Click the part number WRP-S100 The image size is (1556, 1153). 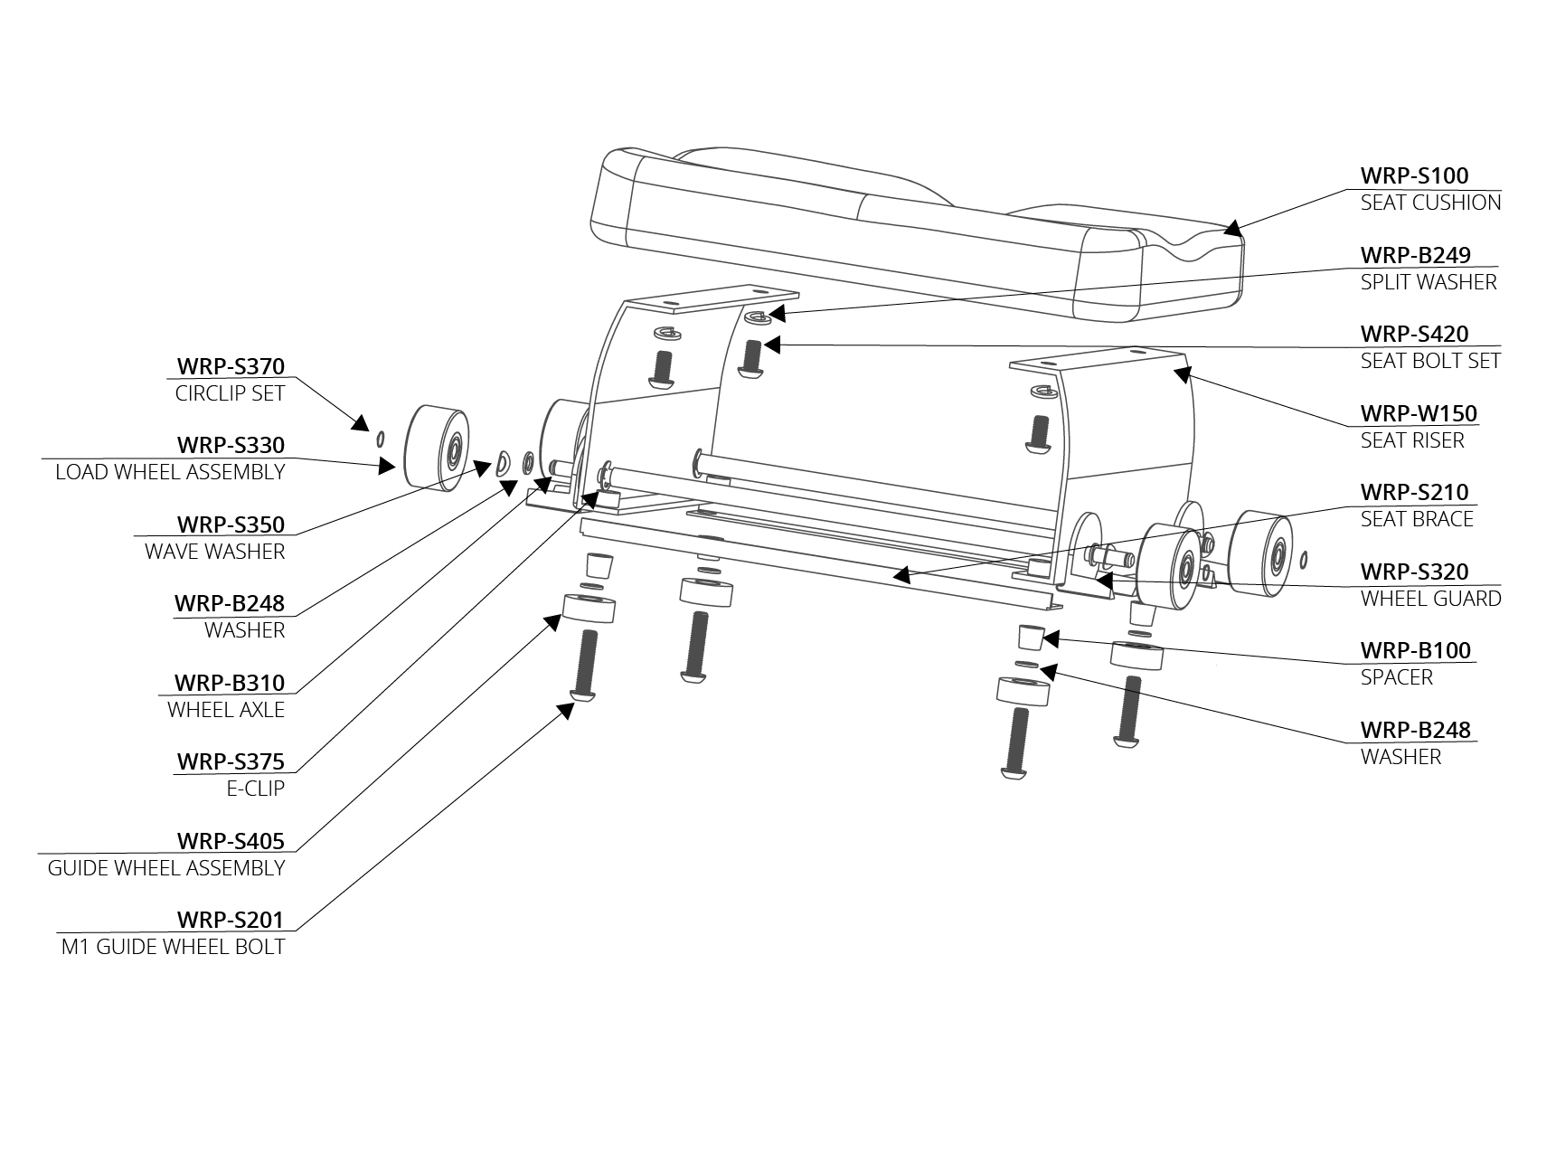pyautogui.click(x=1414, y=175)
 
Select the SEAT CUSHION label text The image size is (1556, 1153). pyautogui.click(x=1430, y=203)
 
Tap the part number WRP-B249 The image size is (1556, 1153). pyautogui.click(x=1415, y=255)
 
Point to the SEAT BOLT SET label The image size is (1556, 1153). pyautogui.click(x=1430, y=361)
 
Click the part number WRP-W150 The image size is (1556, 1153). pyautogui.click(x=1419, y=413)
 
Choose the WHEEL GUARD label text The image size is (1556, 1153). pyautogui.click(x=1430, y=599)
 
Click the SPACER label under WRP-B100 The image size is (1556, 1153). pyautogui.click(x=1396, y=677)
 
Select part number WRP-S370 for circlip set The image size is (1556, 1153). pyautogui.click(x=231, y=366)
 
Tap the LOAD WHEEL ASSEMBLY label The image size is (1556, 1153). pyautogui.click(x=170, y=472)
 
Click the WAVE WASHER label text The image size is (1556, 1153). pyautogui.click(x=214, y=552)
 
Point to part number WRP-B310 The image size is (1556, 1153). pyautogui.click(x=230, y=683)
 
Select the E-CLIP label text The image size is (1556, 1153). pyautogui.click(x=255, y=789)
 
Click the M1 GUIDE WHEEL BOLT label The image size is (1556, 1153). pyautogui.click(x=173, y=947)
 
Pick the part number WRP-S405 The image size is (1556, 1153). pyautogui.click(x=231, y=841)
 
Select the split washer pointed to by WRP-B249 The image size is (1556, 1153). pyautogui.click(x=758, y=317)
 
